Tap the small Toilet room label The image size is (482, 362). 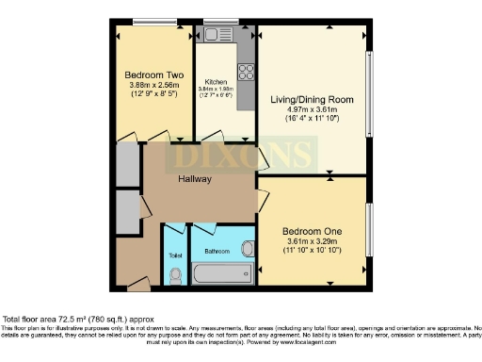coord(175,255)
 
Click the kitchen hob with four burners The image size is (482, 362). coord(247,72)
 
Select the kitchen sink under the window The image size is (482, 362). coord(217,35)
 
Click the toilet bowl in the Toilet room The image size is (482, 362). coord(175,275)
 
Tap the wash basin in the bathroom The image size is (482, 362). coord(248,249)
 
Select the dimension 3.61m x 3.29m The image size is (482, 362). coord(312,241)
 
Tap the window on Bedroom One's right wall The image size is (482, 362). coord(368,229)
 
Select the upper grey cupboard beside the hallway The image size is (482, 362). coord(126,164)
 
